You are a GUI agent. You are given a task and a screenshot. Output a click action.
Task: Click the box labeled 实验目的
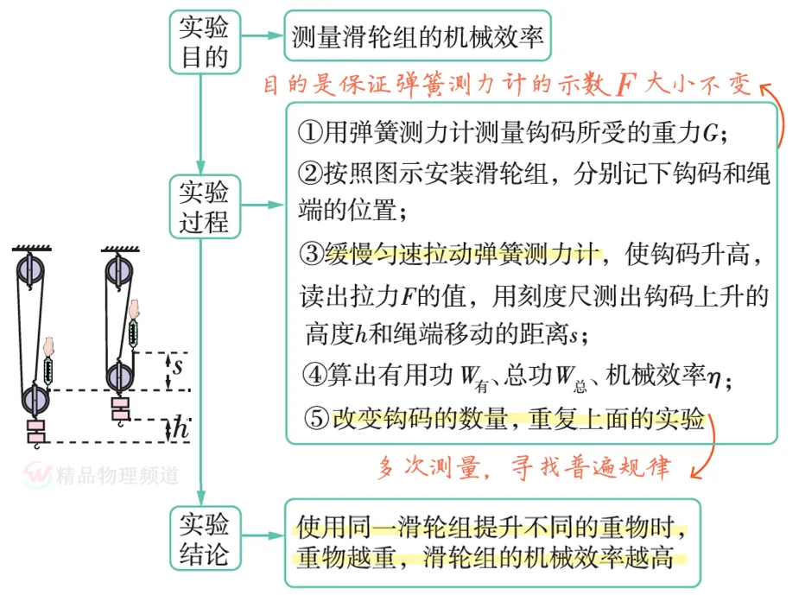pos(204,41)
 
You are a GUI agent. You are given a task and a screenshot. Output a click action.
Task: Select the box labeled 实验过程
pos(204,206)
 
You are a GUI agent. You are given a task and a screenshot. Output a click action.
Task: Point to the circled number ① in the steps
pos(308,133)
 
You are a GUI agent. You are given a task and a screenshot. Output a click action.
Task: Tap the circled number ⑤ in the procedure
pos(317,419)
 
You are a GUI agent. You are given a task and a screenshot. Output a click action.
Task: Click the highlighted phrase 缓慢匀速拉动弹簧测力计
pos(462,255)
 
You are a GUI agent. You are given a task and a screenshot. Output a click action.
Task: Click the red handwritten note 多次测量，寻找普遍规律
pos(524,468)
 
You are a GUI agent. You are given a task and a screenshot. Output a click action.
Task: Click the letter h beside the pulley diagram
pos(180,427)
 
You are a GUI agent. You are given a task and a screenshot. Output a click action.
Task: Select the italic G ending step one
pos(710,134)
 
